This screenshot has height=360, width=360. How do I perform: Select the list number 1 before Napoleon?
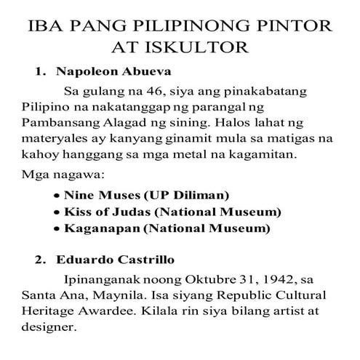(40, 73)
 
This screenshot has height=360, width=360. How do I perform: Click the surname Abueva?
(138, 73)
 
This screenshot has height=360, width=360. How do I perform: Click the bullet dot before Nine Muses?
(57, 196)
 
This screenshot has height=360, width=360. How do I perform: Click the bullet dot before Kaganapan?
(57, 230)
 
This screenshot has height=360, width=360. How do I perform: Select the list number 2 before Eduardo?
(40, 260)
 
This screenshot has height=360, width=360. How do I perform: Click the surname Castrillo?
(143, 260)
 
